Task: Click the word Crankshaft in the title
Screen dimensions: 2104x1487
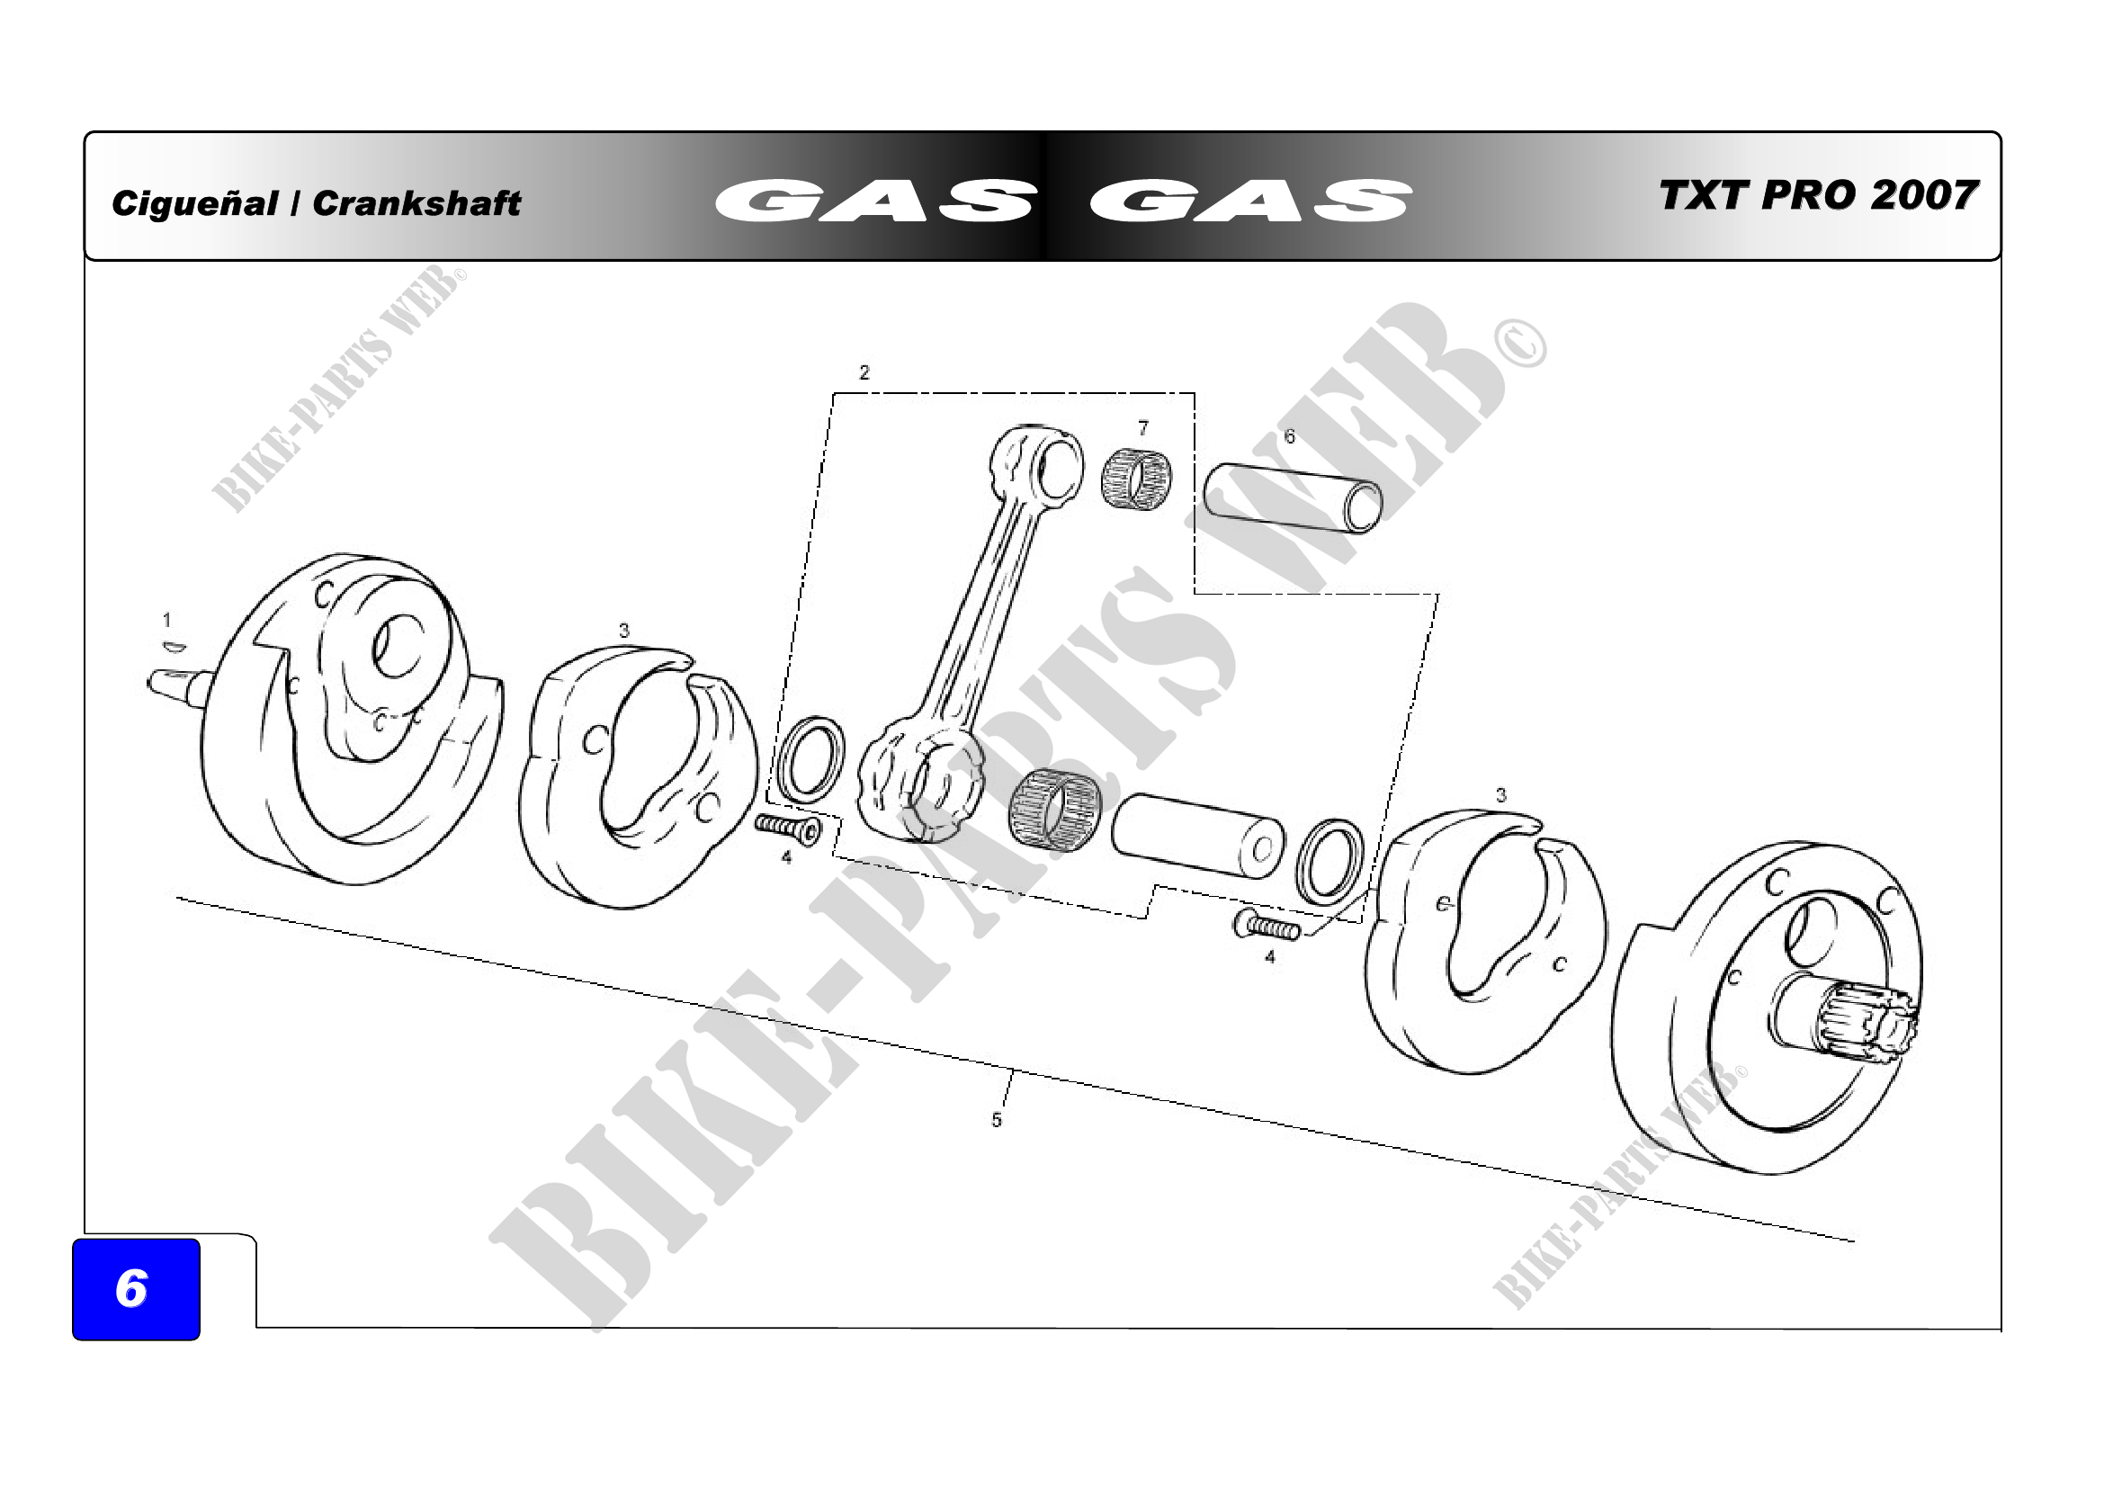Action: tap(416, 203)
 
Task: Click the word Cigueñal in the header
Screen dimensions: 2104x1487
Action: tap(194, 203)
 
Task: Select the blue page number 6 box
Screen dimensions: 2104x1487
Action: tap(136, 1288)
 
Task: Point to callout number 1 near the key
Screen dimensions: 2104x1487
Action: tap(166, 621)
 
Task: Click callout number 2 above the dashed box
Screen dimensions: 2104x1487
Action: tap(864, 372)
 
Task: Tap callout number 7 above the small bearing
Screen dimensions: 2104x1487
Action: tap(1142, 428)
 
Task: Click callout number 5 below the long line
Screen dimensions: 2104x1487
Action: tap(996, 1120)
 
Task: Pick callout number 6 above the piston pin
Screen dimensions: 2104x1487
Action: tap(1289, 436)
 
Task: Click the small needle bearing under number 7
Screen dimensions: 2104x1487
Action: tap(1136, 478)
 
